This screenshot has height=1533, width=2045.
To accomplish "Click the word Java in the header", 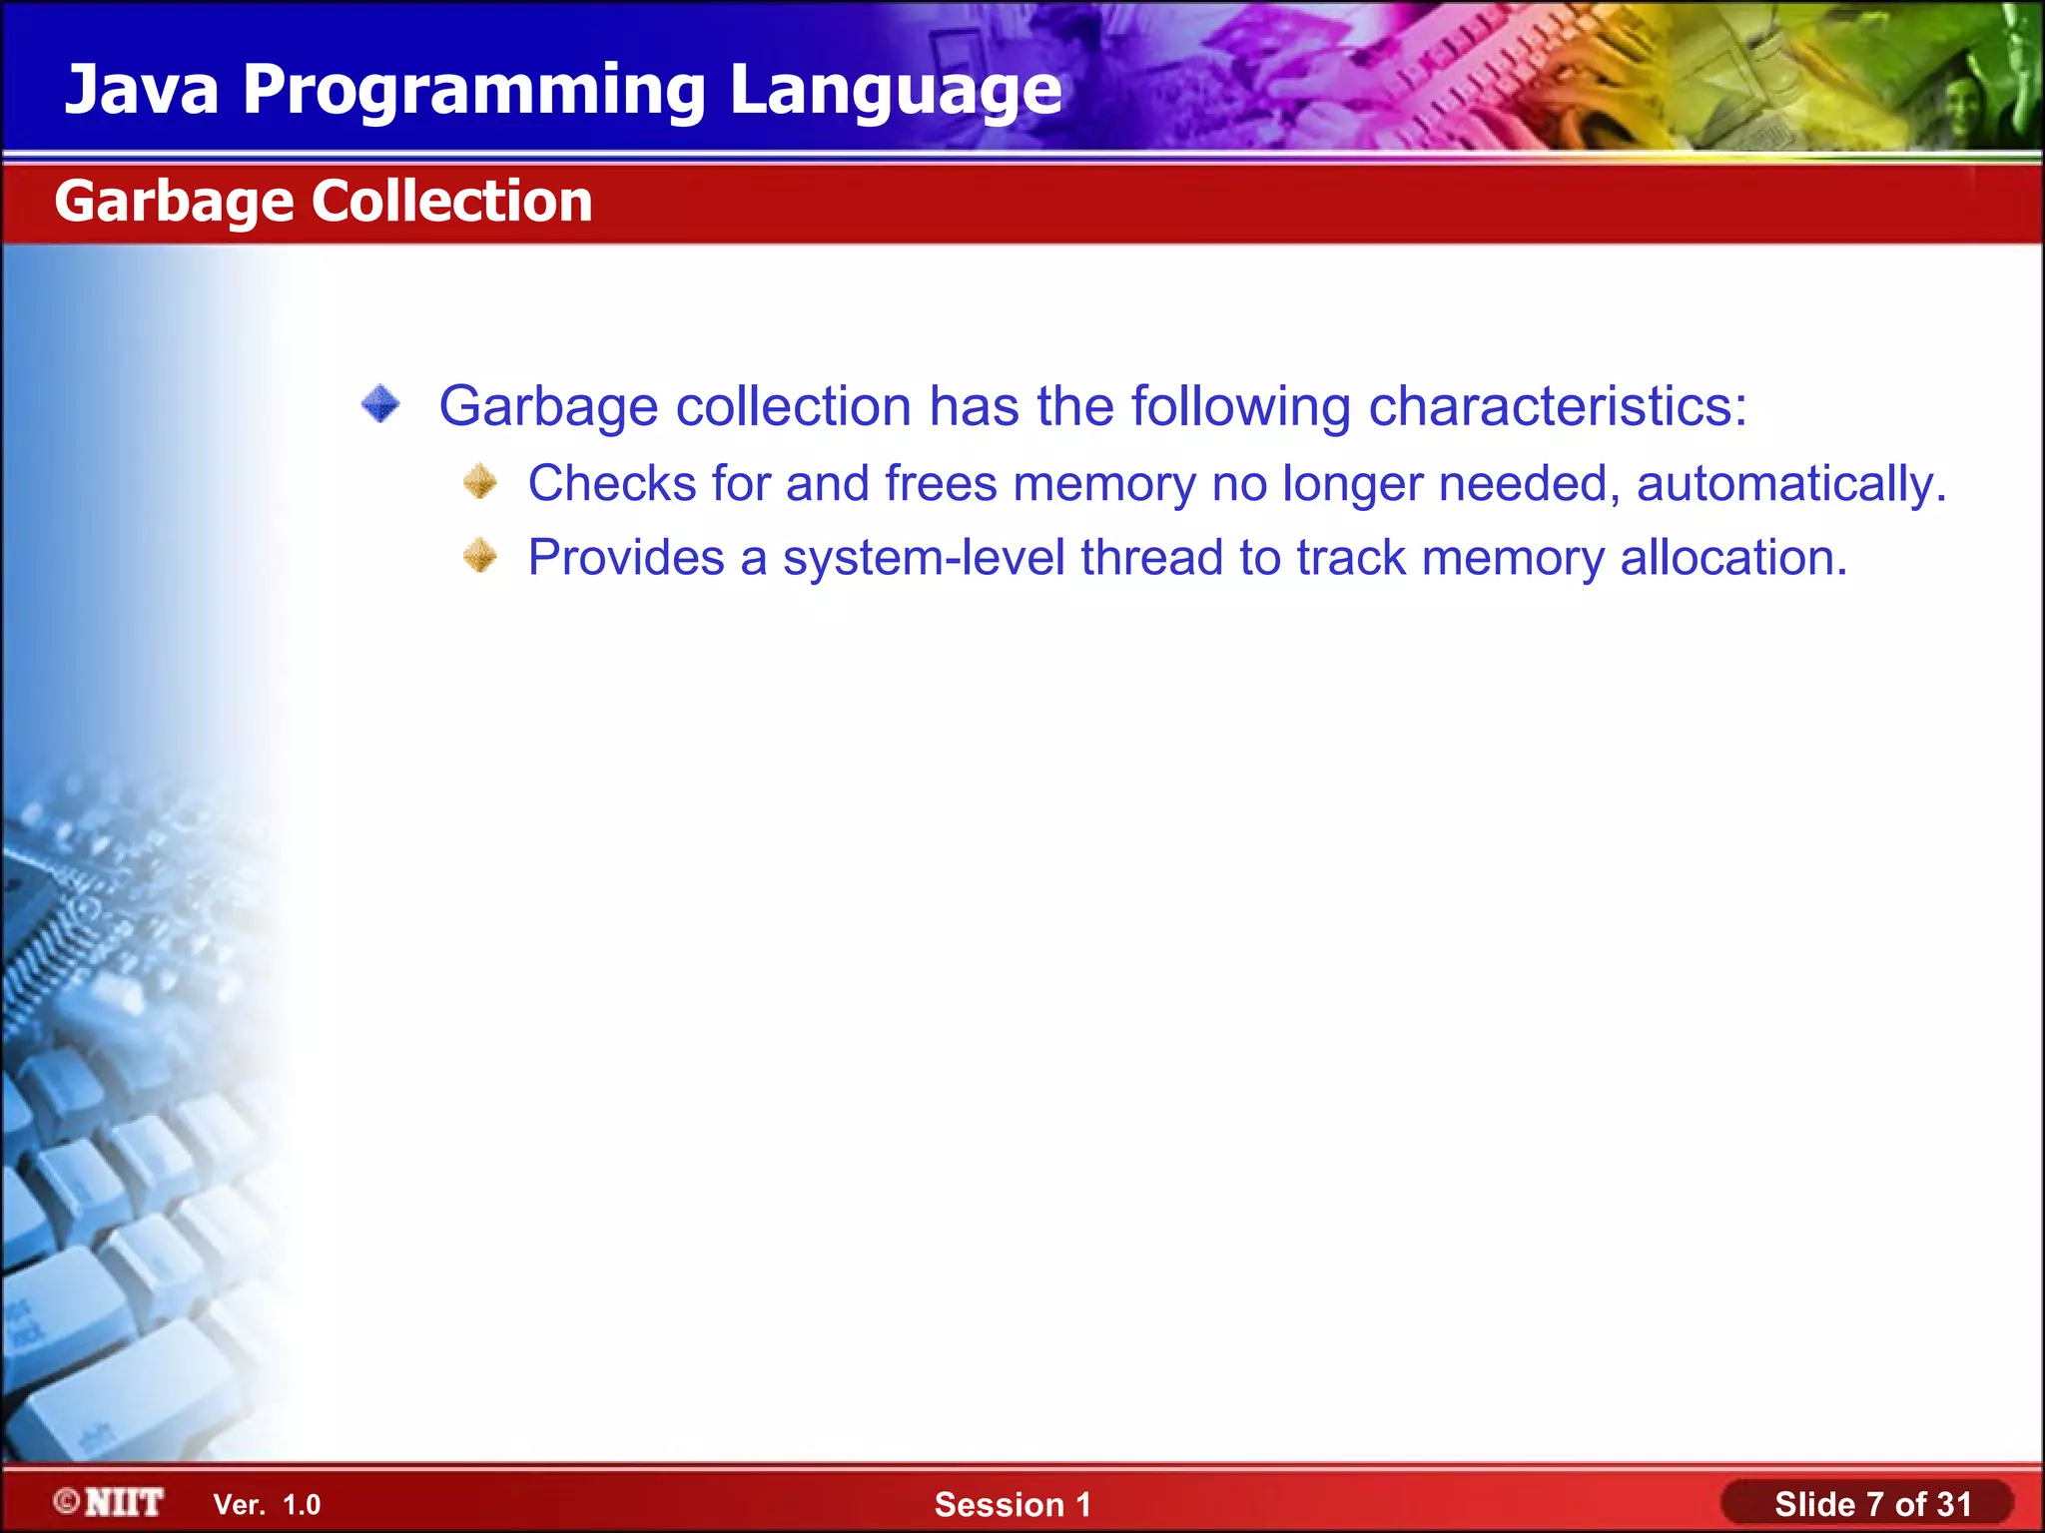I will pyautogui.click(x=142, y=90).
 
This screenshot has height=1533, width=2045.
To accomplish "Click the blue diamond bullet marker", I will pyautogui.click(x=380, y=404).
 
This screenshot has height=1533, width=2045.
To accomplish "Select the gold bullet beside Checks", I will pyautogui.click(x=480, y=481).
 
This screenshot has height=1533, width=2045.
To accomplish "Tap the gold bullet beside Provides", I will pyautogui.click(x=480, y=556).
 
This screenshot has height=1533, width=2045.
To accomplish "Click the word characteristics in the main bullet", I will pyautogui.click(x=1557, y=407).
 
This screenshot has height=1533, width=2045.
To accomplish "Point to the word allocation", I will pyautogui.click(x=1733, y=558).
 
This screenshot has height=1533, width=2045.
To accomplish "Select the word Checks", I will pyautogui.click(x=611, y=483).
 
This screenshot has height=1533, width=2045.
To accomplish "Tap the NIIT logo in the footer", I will pyautogui.click(x=109, y=1502).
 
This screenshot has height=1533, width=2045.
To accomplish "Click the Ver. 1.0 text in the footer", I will pyautogui.click(x=267, y=1505).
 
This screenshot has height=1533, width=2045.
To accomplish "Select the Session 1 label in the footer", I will pyautogui.click(x=1013, y=1504).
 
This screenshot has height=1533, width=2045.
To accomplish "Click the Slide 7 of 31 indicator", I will pyautogui.click(x=1872, y=1504).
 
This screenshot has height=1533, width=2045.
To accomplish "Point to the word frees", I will pyautogui.click(x=941, y=483).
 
